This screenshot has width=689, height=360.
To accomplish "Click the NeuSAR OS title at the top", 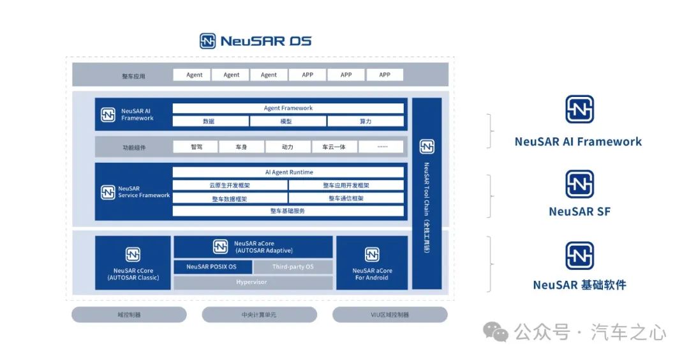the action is coord(256,41).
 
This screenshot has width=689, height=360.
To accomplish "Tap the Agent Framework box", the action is coord(288,108).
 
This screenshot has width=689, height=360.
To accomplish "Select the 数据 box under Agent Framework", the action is coord(211,121).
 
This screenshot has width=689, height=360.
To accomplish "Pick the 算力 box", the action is coord(366,121).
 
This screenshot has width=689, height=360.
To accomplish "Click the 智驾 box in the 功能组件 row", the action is coord(196,147).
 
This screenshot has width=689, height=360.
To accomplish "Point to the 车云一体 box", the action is coord(334,147).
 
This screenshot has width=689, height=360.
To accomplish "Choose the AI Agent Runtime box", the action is coord(288,172).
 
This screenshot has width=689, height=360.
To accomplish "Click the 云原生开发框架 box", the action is coord(230,186).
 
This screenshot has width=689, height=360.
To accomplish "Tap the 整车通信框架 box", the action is coord(346,199).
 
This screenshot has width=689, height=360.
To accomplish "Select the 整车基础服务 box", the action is coord(288,211).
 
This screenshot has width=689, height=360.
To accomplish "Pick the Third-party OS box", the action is coord(293,267).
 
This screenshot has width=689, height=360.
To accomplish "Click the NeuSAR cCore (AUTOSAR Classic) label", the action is coord(133,274).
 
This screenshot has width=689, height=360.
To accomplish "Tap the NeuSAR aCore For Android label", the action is coord(372,274).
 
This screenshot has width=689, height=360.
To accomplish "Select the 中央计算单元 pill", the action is coord(259,315).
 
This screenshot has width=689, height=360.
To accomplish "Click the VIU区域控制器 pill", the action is coord(390,315).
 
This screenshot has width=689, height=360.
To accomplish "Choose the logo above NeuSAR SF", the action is coord(579,184).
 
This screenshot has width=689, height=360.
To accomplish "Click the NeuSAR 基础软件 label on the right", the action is coord(579,285).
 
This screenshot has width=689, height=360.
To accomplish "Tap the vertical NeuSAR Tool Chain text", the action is coord(427,207).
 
